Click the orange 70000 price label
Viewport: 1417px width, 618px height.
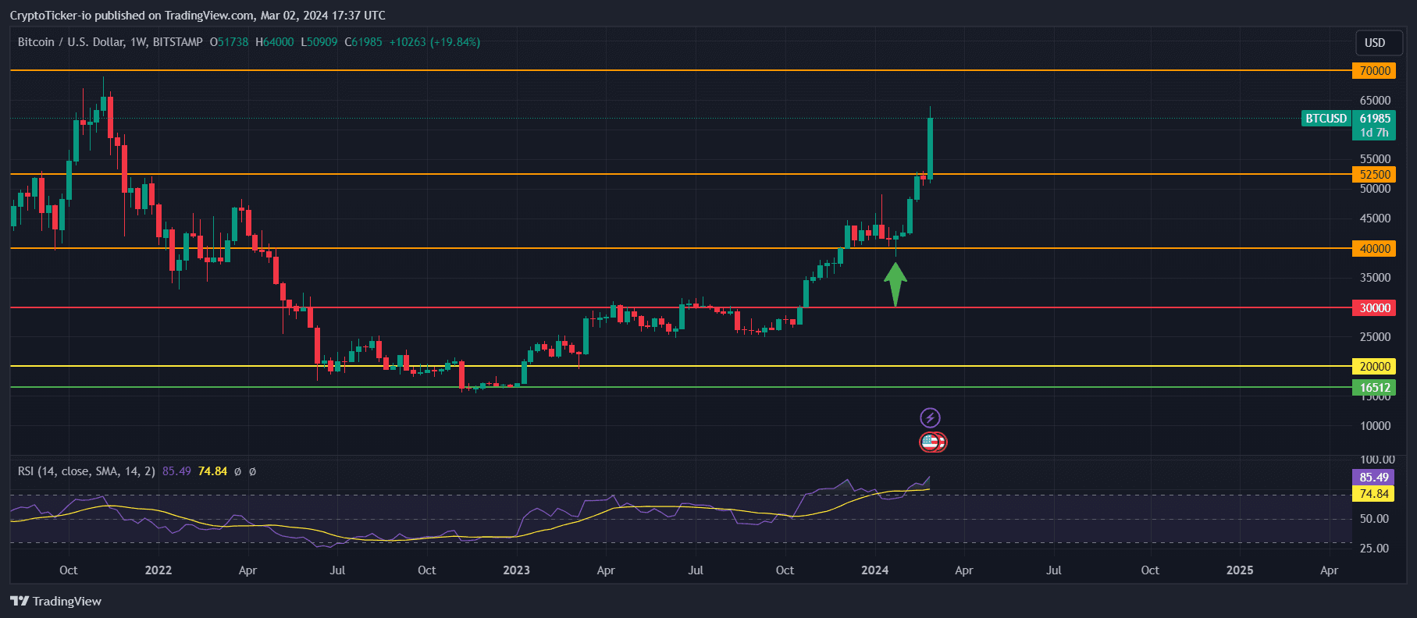click(1375, 71)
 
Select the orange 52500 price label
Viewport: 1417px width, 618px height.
click(1375, 175)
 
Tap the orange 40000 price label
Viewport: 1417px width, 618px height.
click(1375, 249)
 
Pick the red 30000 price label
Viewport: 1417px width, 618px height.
click(1375, 308)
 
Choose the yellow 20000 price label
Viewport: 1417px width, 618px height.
click(1375, 367)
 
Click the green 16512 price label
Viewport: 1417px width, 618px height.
click(1375, 388)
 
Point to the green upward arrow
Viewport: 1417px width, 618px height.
click(895, 283)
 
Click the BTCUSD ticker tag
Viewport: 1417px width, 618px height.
click(1326, 119)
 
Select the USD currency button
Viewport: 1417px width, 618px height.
click(1375, 43)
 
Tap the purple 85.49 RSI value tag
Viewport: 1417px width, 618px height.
click(1373, 478)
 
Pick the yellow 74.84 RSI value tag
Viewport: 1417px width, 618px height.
click(1373, 494)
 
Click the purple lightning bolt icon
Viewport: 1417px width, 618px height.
click(930, 418)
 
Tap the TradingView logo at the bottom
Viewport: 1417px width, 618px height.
click(56, 602)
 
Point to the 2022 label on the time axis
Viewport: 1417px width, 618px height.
click(158, 570)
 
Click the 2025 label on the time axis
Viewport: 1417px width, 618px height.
click(1240, 570)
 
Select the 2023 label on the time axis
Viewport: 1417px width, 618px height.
click(516, 570)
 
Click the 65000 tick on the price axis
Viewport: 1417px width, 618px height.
click(1375, 101)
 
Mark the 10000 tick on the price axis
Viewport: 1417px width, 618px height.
click(1375, 426)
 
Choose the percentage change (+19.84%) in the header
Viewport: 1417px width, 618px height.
click(455, 42)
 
